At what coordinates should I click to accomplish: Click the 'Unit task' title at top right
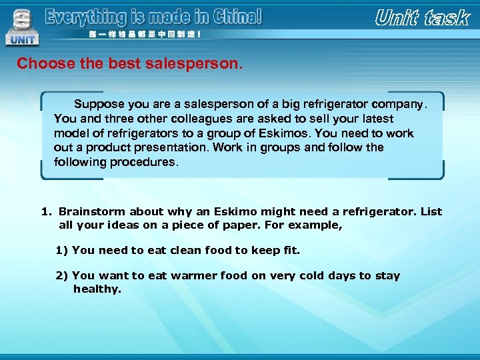click(x=422, y=18)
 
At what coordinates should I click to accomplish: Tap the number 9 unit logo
click(x=23, y=25)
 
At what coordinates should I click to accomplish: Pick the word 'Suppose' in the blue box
click(x=97, y=105)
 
